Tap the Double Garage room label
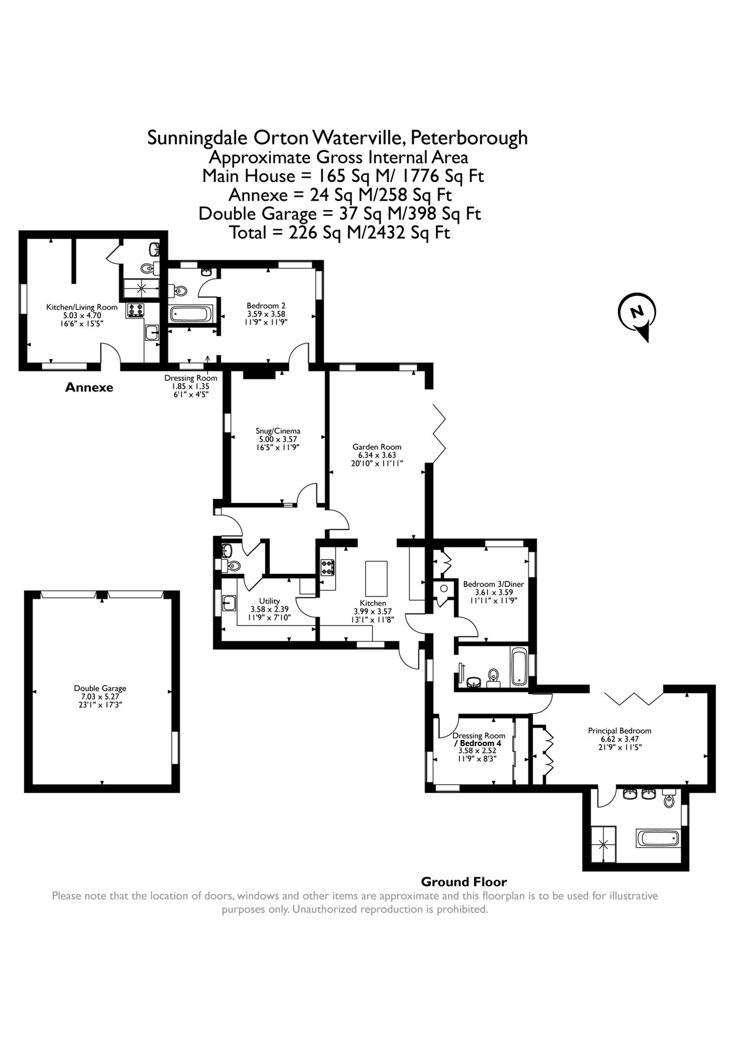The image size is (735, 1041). (x=100, y=688)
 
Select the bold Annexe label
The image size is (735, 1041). (x=89, y=387)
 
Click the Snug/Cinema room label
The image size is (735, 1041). (x=278, y=431)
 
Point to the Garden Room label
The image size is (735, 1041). (x=377, y=447)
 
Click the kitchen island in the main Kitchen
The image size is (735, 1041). (x=377, y=579)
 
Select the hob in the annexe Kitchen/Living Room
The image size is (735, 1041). (x=135, y=310)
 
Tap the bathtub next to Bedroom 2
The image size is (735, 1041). (x=191, y=314)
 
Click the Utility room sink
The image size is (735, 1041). (x=229, y=603)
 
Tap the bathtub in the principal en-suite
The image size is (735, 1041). (x=657, y=838)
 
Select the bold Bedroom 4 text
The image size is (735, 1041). (x=480, y=743)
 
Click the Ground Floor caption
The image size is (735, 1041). (x=463, y=882)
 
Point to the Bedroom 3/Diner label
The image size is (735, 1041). (x=493, y=584)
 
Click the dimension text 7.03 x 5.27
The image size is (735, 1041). (x=100, y=696)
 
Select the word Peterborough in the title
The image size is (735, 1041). (x=469, y=138)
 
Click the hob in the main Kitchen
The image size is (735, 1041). (x=327, y=567)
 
